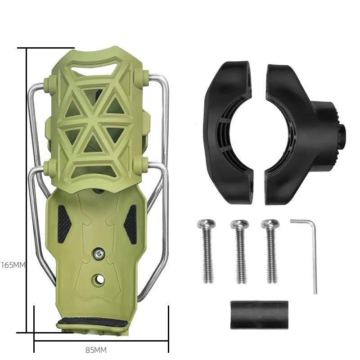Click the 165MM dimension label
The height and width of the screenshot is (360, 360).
pos(13,265)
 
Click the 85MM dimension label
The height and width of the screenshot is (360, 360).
pos(96,351)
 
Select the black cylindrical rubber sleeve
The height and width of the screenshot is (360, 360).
pos(259,315)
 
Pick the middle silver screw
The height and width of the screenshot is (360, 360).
pos(240,251)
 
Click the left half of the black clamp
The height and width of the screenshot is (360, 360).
pos(228,133)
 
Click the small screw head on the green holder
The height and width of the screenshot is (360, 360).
pos(99,253)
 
